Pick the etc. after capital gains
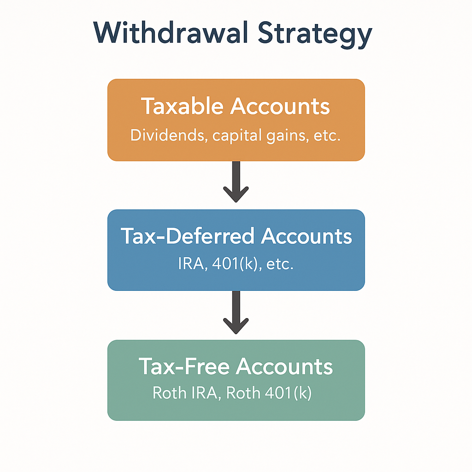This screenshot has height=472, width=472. coord(325,136)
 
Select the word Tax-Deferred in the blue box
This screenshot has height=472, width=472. coord(188,236)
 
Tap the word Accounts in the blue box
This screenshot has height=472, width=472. coord(307,236)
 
